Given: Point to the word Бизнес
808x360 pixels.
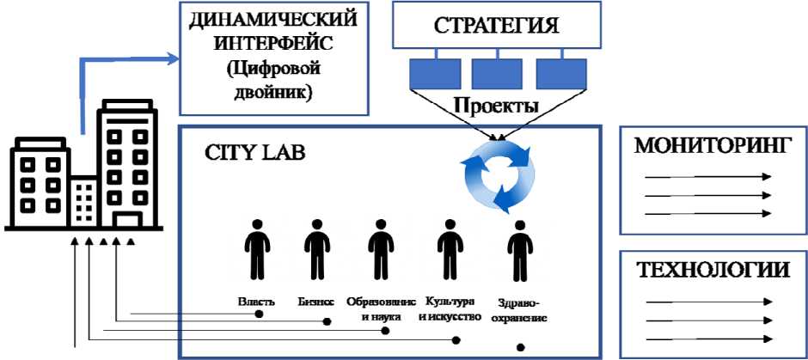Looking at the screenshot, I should [315, 302].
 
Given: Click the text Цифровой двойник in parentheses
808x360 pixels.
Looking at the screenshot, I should [248, 82].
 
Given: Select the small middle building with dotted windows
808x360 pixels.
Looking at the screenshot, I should [84, 203].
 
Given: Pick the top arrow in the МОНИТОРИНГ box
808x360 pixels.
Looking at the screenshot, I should [709, 177].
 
